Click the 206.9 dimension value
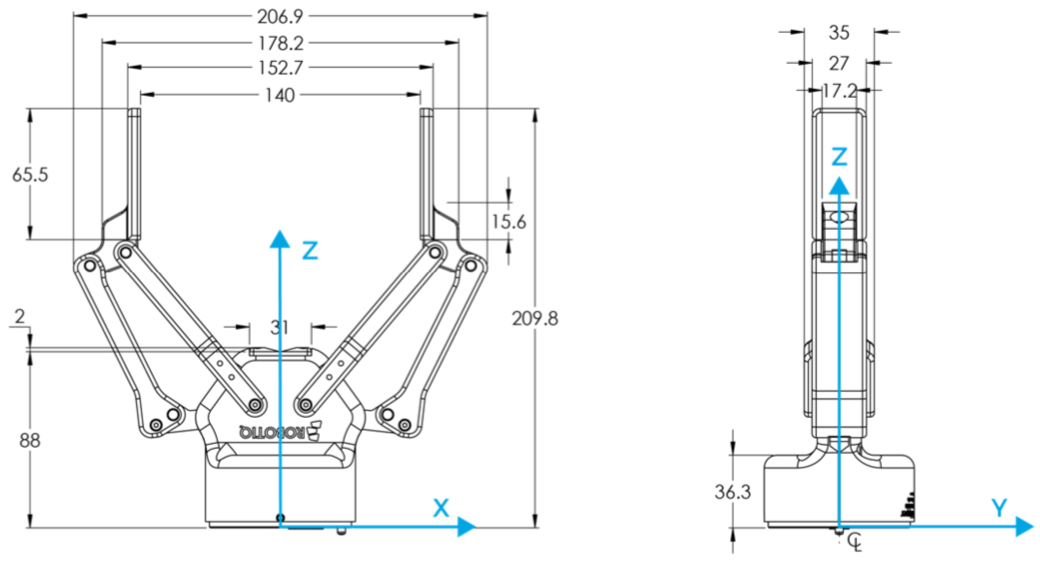tap(280, 16)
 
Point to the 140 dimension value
tap(280, 95)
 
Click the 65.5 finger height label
tap(30, 175)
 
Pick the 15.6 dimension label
tap(509, 222)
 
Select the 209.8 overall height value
tap(535, 319)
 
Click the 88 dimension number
tap(29, 440)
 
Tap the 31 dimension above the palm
tap(279, 328)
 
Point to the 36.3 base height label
tap(732, 492)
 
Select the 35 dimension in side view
tap(839, 33)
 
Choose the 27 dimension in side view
tap(839, 64)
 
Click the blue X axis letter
tap(441, 508)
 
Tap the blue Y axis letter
tap(999, 508)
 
